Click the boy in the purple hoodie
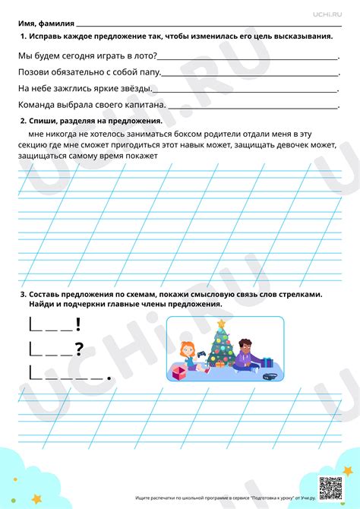[245, 355]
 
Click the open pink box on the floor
[179, 372]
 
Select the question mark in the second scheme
[77, 349]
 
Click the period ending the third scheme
[110, 376]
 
